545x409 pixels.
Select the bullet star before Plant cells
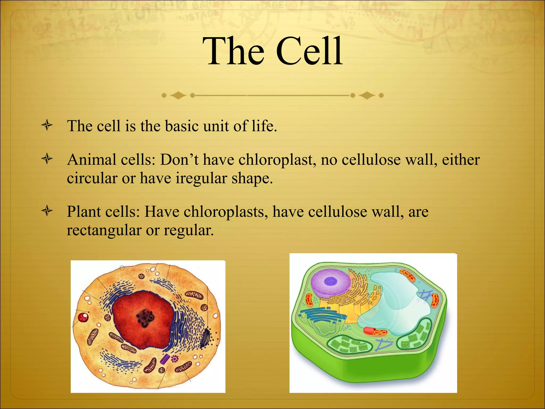47,211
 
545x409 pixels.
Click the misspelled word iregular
201,178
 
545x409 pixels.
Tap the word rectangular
104,230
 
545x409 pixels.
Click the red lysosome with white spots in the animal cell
83,317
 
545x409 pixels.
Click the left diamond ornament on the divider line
178,95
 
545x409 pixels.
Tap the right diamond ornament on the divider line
367,95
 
